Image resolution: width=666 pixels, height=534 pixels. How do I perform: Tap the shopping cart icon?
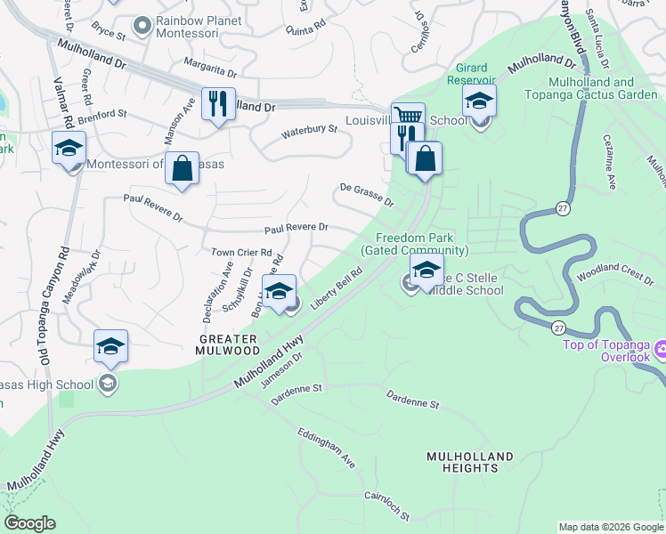(x=408, y=117)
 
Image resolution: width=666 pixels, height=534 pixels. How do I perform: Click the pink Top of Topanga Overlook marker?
(x=660, y=348)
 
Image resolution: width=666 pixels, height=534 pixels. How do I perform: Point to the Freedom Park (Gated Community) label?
(x=415, y=245)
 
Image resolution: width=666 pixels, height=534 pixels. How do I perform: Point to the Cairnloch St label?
(x=386, y=506)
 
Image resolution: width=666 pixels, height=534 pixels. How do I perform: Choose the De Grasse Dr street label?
(x=366, y=194)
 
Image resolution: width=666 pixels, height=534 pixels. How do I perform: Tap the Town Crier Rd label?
(x=240, y=253)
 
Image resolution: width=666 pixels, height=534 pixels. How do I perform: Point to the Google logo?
(x=29, y=523)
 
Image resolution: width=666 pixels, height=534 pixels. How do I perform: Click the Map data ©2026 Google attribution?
(x=610, y=527)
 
